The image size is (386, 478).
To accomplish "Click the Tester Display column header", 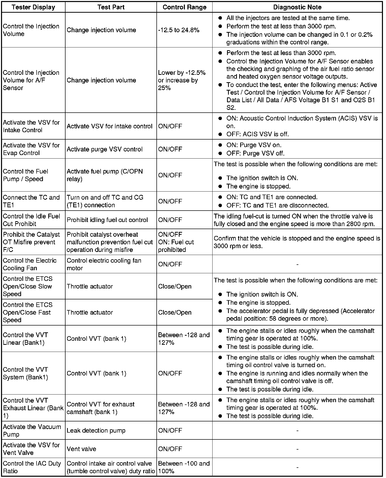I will (x=33, y=7).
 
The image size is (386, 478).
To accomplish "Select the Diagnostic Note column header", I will (x=297, y=7).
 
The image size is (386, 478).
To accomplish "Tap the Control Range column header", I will (x=184, y=7).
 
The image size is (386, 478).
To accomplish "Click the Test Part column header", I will (x=111, y=7).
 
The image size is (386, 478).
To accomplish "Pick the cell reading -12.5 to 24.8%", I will (x=179, y=30).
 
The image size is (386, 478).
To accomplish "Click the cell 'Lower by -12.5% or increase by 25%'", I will (x=182, y=80).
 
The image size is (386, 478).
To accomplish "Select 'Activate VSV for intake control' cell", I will (x=109, y=126).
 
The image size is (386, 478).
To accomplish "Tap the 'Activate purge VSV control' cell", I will (x=105, y=149).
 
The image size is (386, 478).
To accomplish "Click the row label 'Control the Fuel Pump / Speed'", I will (x=25, y=175).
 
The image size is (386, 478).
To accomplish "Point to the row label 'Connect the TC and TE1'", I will (x=31, y=201).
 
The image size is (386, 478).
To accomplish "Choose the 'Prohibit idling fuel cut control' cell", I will (x=107, y=220).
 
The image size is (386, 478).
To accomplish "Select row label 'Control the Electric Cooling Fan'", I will (x=30, y=264).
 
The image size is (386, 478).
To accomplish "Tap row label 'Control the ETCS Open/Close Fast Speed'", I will (x=28, y=312).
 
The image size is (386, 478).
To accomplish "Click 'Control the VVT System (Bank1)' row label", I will (x=25, y=373).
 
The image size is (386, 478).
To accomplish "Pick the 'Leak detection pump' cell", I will (x=96, y=430).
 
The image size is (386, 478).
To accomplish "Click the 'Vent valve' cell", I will (x=81, y=449).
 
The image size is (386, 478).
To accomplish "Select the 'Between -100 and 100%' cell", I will (x=184, y=467).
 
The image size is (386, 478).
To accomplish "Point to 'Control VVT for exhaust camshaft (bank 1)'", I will (x=101, y=408).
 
